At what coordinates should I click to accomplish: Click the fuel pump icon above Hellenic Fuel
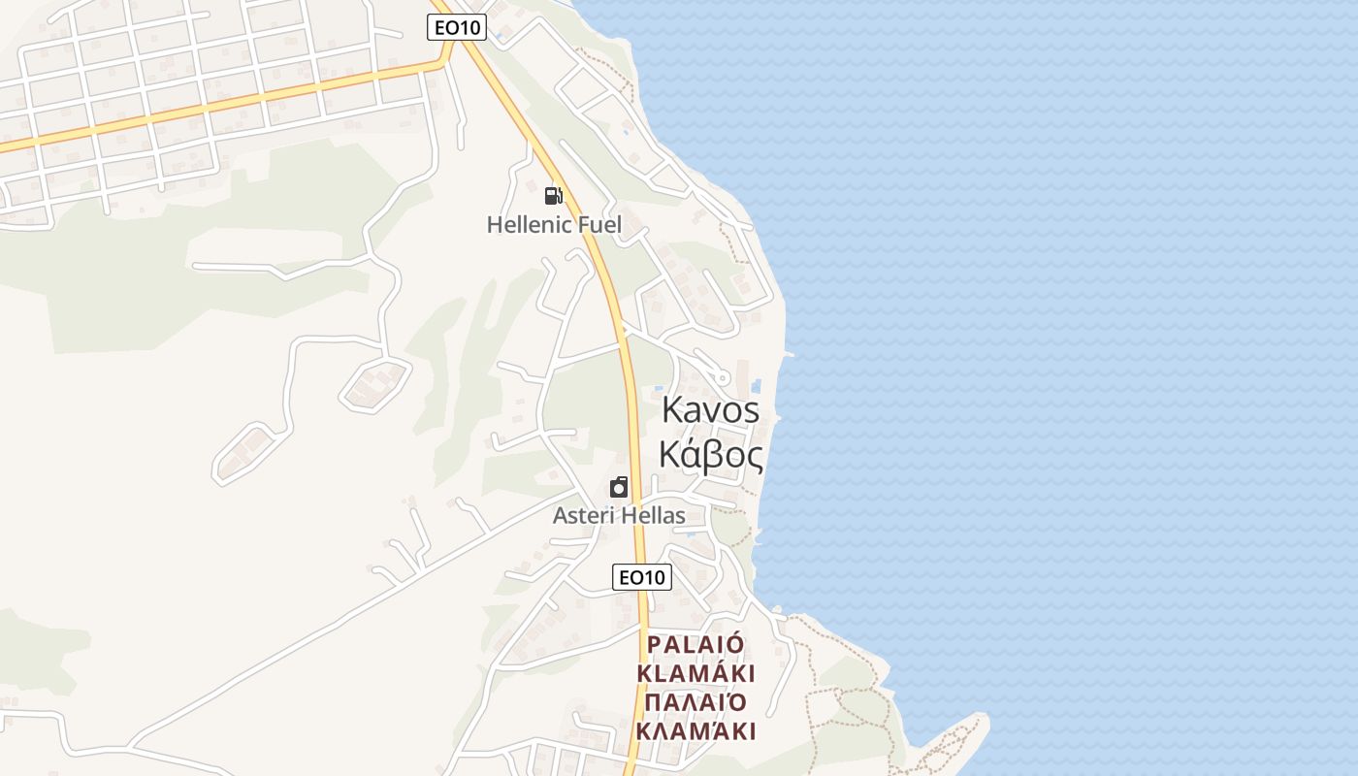[553, 196]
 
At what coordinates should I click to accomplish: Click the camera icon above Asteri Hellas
[619, 486]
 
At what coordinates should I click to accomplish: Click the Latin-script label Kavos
[710, 409]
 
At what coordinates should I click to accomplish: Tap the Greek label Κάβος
[710, 454]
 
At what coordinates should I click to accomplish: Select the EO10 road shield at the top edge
[457, 27]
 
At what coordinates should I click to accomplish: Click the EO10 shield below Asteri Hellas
[642, 577]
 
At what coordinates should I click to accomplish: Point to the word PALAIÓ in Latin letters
[695, 645]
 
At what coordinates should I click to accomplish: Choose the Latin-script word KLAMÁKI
[695, 673]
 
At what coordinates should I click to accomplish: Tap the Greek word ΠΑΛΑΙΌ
[695, 702]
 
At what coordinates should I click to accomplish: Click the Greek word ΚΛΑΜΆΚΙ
[695, 730]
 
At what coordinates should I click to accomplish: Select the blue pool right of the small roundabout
[756, 386]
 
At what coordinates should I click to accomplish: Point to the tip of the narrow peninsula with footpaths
[983, 719]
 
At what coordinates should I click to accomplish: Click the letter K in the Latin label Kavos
[672, 409]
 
